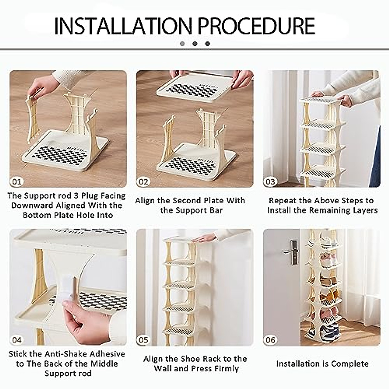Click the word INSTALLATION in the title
click(x=123, y=26)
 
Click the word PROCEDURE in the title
click(x=256, y=26)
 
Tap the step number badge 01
click(x=17, y=182)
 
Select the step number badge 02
click(x=143, y=182)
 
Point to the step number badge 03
click(x=270, y=182)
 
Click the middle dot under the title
click(x=195, y=43)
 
